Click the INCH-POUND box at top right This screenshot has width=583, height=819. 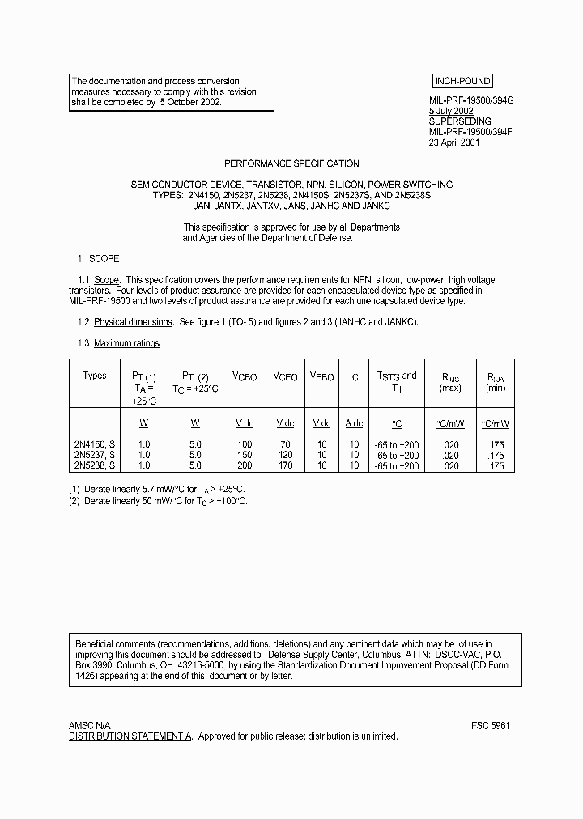coord(462,82)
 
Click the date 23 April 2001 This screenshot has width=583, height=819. coord(454,142)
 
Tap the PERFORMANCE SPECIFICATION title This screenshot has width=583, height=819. coord(291,163)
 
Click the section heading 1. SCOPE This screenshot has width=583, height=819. coord(98,259)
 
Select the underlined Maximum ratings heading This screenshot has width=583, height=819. coord(127,343)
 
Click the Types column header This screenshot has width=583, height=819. coord(95,376)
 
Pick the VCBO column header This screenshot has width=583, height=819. coord(245,377)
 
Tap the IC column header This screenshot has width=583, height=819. coord(354,377)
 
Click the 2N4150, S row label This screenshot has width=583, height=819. coord(95,444)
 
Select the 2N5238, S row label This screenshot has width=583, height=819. coord(95,465)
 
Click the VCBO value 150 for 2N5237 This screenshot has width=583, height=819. coord(245,455)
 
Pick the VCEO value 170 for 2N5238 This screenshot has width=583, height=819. coord(285,465)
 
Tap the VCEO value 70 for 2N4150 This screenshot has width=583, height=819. coord(285,444)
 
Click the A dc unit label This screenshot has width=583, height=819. coord(354,423)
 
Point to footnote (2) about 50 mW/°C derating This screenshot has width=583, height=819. coord(158,501)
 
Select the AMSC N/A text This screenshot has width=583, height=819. coord(90,726)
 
